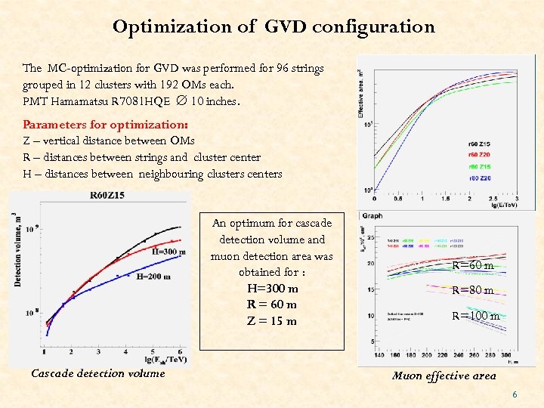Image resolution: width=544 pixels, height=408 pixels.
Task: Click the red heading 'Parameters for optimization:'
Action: pyautogui.click(x=105, y=124)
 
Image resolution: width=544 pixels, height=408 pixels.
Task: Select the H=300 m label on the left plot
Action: pyautogui.click(x=170, y=252)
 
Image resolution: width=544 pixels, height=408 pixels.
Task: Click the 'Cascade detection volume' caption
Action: pyautogui.click(x=97, y=372)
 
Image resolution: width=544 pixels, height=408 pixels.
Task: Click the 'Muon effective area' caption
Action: pyautogui.click(x=444, y=376)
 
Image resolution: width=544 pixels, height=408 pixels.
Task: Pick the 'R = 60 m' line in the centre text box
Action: pyautogui.click(x=272, y=304)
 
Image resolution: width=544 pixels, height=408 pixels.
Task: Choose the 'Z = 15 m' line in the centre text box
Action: pyautogui.click(x=272, y=320)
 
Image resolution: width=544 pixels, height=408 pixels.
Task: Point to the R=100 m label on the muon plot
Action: pyautogui.click(x=475, y=316)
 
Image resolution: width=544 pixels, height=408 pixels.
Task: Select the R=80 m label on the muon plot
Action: pyautogui.click(x=473, y=290)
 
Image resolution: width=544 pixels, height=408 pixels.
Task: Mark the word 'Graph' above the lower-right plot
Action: pyautogui.click(x=372, y=215)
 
